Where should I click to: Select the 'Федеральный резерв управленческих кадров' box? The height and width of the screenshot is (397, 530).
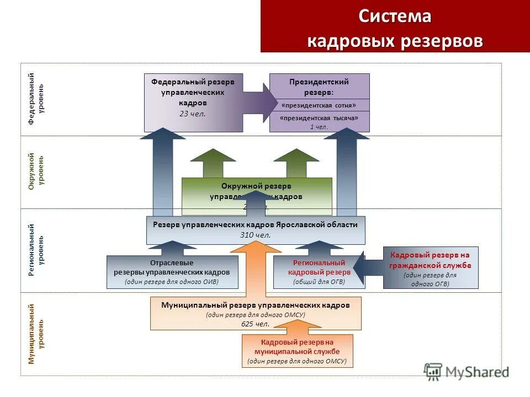coord(193,103)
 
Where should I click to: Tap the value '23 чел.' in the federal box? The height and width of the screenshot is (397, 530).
coord(193,114)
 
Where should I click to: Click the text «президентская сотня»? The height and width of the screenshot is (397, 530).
coord(319,105)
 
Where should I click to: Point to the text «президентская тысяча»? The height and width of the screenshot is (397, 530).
coord(319,118)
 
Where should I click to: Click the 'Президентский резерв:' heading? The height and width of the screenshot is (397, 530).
coord(319,87)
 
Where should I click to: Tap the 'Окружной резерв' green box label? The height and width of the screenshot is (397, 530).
coord(256,186)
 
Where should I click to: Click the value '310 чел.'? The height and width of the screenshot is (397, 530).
coord(255,235)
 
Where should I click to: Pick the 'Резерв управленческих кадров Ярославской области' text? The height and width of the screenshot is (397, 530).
coord(255,225)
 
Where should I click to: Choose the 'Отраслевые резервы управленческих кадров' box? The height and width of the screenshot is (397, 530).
coord(172,272)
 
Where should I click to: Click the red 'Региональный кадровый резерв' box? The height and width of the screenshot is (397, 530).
coord(319,272)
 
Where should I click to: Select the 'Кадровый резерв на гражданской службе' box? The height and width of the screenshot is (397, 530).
coord(430,267)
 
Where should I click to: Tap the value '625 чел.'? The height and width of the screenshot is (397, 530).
coord(255,324)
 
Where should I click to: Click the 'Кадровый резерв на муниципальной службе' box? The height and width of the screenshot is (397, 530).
coord(297,351)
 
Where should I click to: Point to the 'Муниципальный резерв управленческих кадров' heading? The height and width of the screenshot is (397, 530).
coord(255,305)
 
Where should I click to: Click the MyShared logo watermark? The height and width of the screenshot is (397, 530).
coord(466,372)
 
